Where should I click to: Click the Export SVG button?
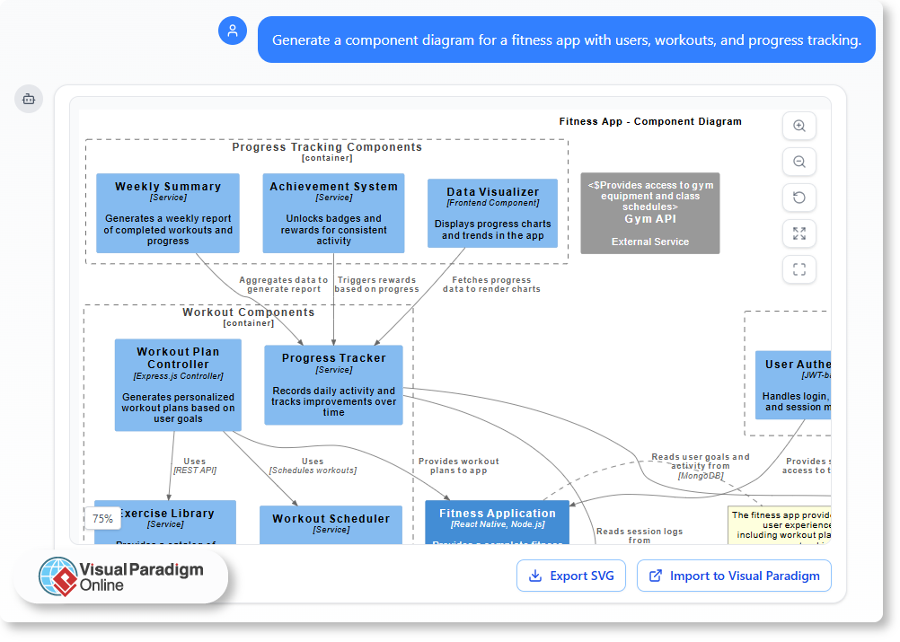(570, 576)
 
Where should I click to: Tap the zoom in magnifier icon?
(799, 127)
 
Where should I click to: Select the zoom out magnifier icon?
(799, 163)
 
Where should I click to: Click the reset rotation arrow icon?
(799, 198)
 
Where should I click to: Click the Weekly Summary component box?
(168, 213)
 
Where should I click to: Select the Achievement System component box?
(333, 213)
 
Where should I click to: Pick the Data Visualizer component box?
(492, 214)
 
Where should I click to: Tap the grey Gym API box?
(649, 213)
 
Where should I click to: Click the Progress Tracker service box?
(333, 384)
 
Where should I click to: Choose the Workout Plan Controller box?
(178, 384)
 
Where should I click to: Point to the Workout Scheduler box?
(331, 524)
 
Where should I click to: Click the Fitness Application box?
(497, 524)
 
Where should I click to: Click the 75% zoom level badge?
(102, 519)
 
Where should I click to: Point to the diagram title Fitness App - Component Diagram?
(650, 121)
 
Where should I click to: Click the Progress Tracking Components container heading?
(327, 147)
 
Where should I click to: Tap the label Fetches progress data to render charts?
(491, 285)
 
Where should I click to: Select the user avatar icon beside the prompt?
(233, 31)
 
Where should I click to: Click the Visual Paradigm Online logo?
(121, 576)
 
